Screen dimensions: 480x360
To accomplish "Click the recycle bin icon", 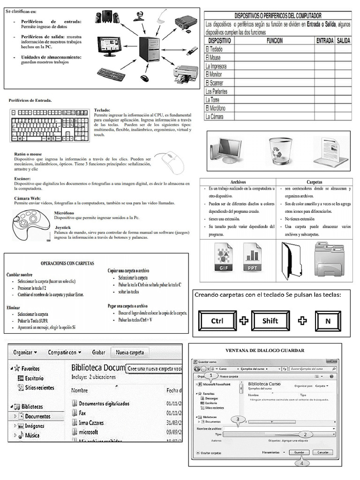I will click(x=280, y=150).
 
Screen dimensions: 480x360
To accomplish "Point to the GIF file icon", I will click(x=223, y=257).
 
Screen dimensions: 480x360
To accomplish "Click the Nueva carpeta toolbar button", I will click(x=130, y=352).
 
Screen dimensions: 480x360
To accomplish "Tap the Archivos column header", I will click(x=238, y=181).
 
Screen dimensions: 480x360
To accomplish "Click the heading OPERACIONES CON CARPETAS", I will click(x=67, y=263).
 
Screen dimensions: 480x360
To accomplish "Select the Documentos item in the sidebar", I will click(x=38, y=416).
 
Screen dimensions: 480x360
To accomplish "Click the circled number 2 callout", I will click(x=305, y=435).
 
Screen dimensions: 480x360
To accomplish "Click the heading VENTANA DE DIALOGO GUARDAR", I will click(x=265, y=350).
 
